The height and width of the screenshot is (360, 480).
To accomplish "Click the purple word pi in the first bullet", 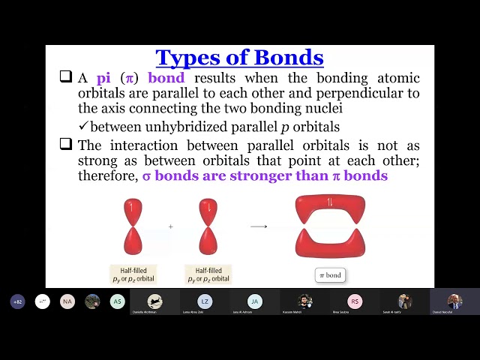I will tap(103, 78).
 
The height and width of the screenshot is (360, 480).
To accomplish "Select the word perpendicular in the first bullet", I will tap(347, 93).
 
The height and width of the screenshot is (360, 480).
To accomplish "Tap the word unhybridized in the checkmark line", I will tap(169, 127).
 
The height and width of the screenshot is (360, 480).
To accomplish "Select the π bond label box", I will tap(329, 275).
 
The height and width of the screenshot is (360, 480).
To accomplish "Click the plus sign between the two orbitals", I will tap(171, 226).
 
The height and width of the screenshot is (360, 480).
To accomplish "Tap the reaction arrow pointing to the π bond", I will tap(259, 226).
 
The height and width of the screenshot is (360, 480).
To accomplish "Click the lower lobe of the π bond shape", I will tap(330, 244).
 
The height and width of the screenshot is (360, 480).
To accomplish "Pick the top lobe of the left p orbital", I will tap(133, 211).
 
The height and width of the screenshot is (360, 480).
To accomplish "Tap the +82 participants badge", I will tap(17, 301).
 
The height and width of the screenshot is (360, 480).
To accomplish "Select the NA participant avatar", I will tap(67, 301).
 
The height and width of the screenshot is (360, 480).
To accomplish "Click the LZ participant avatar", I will tap(205, 301).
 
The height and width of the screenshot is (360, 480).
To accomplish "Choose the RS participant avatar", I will tap(355, 301).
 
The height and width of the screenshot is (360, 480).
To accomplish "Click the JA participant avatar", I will tap(255, 301).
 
